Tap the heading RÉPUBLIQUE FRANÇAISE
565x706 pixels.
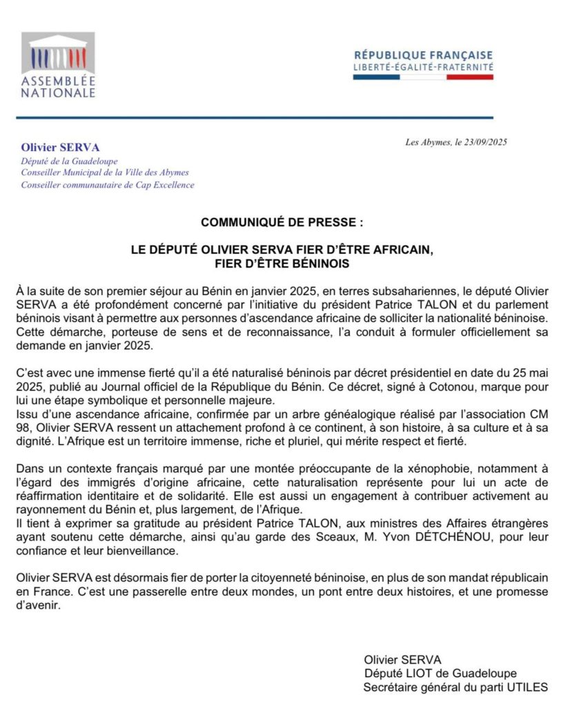click(423, 55)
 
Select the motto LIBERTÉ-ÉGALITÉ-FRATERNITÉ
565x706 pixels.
click(423, 67)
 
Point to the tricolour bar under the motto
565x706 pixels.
click(423, 77)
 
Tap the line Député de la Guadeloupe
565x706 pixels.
click(59, 161)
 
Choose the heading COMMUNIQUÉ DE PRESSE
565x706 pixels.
click(281, 223)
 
